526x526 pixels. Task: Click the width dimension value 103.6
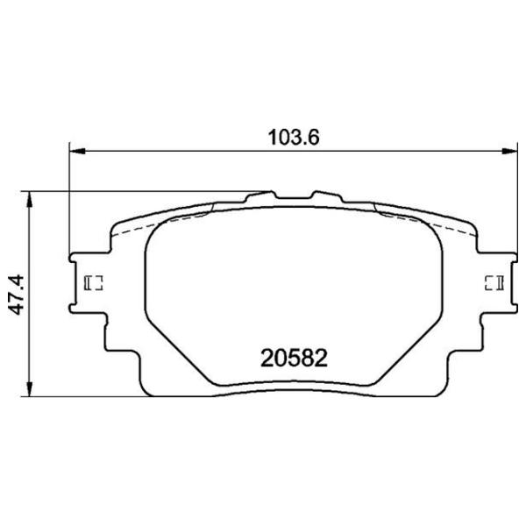tap(294, 138)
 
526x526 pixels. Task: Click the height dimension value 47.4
tap(17, 295)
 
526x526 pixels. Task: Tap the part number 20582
tap(294, 359)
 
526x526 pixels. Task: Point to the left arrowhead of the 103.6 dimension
tap(77, 152)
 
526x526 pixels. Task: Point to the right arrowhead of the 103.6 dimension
tap(509, 152)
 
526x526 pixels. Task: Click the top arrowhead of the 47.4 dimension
tap(30, 200)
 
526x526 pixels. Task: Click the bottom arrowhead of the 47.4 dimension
tap(30, 388)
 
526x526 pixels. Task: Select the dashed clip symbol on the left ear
tap(93, 283)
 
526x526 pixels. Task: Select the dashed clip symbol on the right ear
tap(494, 283)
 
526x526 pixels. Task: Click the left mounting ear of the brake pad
tap(89, 283)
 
